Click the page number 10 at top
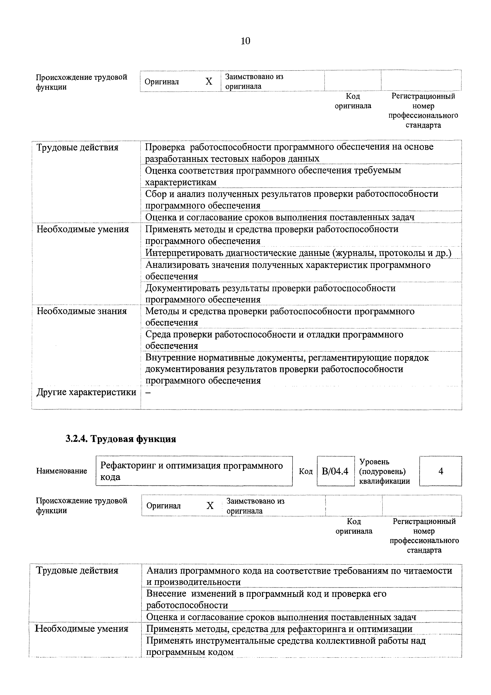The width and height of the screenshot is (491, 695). pos(245,41)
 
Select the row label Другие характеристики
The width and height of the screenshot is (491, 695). pos(86,392)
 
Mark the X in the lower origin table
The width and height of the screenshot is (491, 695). pos(210,506)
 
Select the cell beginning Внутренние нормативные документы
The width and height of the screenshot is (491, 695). pos(287,369)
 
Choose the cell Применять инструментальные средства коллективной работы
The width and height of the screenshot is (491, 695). pos(286,646)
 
